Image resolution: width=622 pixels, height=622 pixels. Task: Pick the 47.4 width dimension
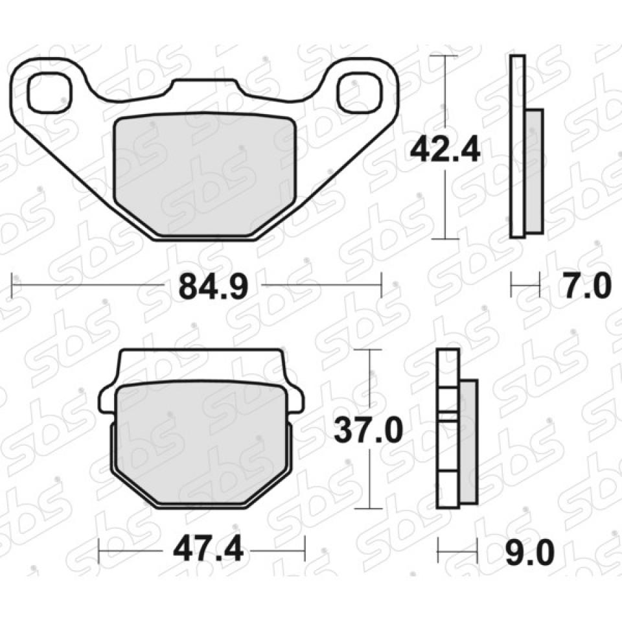point(208,550)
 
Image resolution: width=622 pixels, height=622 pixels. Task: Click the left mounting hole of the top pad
point(51,92)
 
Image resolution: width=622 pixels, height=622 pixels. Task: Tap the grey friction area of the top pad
point(205,174)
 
